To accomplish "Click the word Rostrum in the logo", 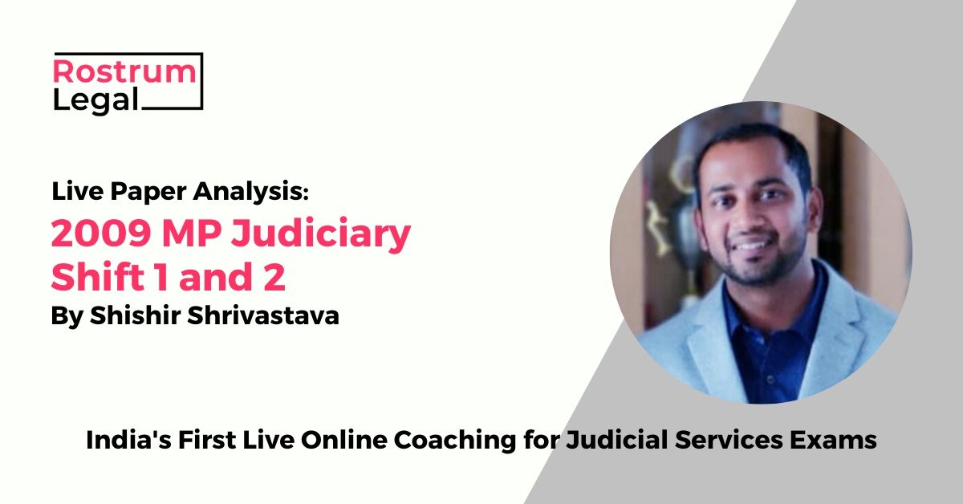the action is pyautogui.click(x=124, y=71).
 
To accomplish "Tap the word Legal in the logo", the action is pyautogui.click(x=95, y=100).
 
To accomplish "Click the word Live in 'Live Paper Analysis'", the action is pyautogui.click(x=77, y=191).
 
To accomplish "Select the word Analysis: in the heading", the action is pyautogui.click(x=250, y=192).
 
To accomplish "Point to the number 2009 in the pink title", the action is pyautogui.click(x=101, y=233).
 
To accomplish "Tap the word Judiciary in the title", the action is pyautogui.click(x=321, y=235).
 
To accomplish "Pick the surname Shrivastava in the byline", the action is pyautogui.click(x=263, y=315).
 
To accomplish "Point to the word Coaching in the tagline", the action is pyautogui.click(x=455, y=441).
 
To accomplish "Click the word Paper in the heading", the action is pyautogui.click(x=148, y=192).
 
